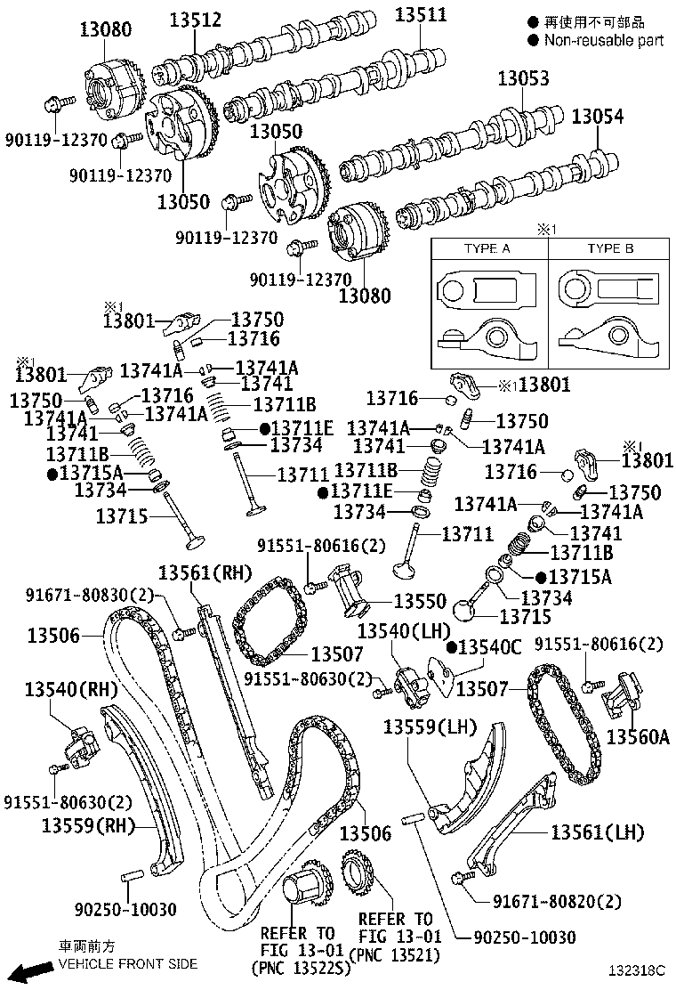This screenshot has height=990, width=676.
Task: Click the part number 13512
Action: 196,20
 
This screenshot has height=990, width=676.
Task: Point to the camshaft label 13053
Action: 523,78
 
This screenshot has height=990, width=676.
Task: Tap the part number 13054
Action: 597,117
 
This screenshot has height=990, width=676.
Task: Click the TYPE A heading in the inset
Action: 487,248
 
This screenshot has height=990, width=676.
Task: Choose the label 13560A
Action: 638,736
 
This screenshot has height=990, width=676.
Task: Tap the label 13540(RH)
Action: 72,689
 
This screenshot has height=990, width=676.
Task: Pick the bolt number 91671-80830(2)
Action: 90,595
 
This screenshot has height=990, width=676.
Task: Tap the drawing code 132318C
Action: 637,968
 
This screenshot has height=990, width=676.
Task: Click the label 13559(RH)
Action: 85,825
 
